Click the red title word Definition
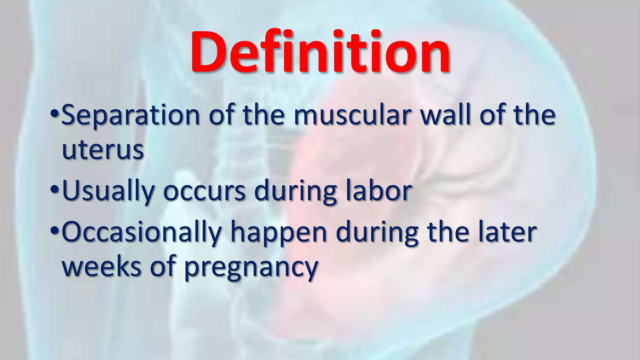pyautogui.click(x=320, y=52)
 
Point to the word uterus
pyautogui.click(x=103, y=150)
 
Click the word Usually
pyautogui.click(x=108, y=191)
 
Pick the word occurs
pyautogui.click(x=204, y=191)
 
